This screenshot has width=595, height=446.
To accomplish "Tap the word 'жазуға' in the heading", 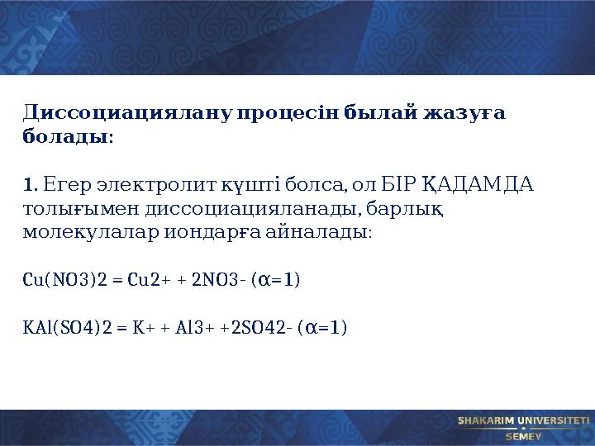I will coord(457,112).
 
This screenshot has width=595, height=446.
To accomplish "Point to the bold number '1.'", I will coord(30,183).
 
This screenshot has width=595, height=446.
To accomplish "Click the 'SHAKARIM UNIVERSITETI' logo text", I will coord(523,420).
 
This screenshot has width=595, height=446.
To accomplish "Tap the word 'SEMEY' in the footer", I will coord(523,435).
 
